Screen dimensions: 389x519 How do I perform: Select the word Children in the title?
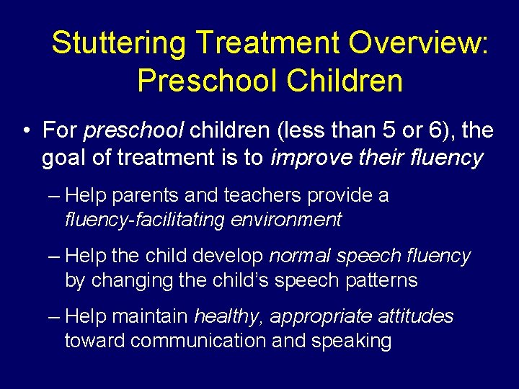[x=344, y=81]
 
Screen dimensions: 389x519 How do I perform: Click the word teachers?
[x=265, y=196]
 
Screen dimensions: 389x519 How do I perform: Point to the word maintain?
[x=152, y=316]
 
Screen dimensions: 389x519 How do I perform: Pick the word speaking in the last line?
[x=351, y=341]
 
